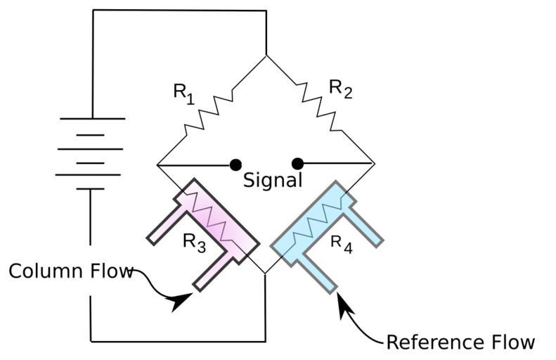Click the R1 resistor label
click(x=183, y=94)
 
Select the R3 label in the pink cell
click(x=195, y=242)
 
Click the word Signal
click(x=273, y=180)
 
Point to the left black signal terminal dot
click(x=235, y=165)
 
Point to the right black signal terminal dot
click(x=297, y=164)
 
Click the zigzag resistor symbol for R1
click(x=211, y=110)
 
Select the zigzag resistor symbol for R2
click(x=319, y=105)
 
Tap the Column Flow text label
click(x=70, y=271)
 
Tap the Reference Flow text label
click(x=460, y=342)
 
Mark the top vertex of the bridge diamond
click(x=266, y=56)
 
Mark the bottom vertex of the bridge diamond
click(x=266, y=274)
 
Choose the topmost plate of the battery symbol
click(x=92, y=118)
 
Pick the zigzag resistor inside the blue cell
click(x=320, y=218)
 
